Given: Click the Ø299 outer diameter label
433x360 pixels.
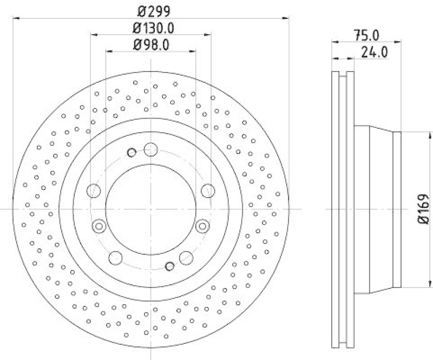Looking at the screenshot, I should tap(150, 10).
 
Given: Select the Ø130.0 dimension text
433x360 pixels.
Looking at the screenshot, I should tap(150, 28).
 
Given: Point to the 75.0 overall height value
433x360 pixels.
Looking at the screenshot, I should tap(366, 35).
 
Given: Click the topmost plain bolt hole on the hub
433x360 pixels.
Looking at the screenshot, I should tap(150, 149).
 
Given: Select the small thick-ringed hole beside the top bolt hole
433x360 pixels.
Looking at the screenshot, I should tap(131, 153).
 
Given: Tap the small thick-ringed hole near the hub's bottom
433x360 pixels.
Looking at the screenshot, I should tap(169, 265).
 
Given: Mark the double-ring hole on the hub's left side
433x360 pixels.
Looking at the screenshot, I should tap(99, 226).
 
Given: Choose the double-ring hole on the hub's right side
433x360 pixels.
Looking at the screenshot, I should tap(202, 225).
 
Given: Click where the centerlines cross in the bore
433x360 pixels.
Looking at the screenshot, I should tap(150, 209).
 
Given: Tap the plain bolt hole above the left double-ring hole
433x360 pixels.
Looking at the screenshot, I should tap(94, 191).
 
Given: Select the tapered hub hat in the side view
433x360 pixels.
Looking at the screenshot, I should tap(377, 209).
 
